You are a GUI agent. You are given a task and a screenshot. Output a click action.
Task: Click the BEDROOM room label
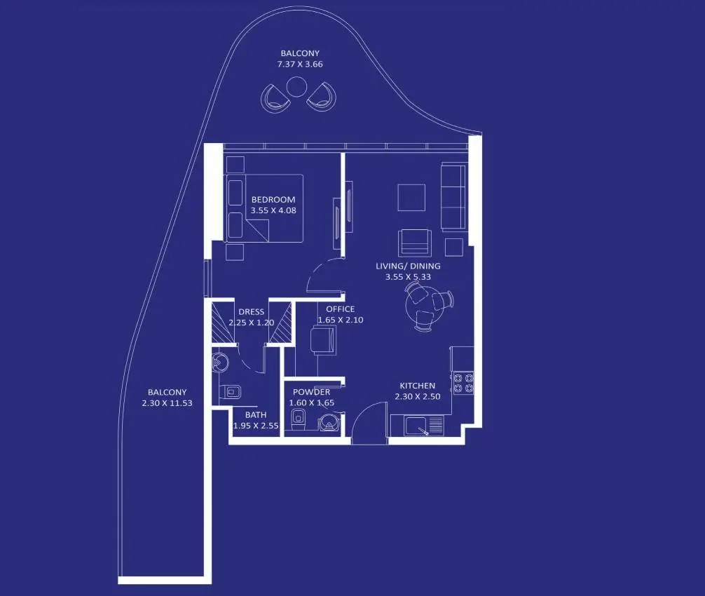click(x=273, y=199)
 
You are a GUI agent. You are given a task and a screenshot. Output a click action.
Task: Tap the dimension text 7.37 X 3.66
click(x=300, y=64)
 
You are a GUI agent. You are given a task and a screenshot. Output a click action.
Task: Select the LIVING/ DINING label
click(x=408, y=266)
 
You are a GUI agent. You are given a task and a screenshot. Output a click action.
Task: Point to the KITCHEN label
click(x=417, y=386)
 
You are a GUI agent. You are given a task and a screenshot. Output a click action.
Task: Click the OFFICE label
click(x=341, y=309)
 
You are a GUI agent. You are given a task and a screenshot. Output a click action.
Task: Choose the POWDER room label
click(x=311, y=392)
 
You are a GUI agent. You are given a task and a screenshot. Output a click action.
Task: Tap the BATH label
click(x=256, y=414)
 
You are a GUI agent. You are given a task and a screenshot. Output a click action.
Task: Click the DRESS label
click(x=252, y=312)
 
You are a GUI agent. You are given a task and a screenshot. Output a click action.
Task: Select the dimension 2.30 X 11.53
click(x=167, y=403)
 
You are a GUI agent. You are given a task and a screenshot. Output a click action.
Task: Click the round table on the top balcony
click(x=296, y=86)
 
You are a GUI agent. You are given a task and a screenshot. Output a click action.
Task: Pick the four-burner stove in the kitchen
click(x=463, y=382)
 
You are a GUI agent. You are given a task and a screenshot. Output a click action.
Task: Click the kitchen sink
click(x=417, y=426)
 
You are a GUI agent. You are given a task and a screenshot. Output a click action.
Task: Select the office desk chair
click(x=323, y=340)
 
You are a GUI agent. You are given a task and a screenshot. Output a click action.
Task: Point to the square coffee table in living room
click(x=411, y=198)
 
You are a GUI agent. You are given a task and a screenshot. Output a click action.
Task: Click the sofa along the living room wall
click(x=453, y=196)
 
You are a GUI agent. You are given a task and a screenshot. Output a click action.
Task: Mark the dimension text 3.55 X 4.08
click(x=273, y=210)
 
